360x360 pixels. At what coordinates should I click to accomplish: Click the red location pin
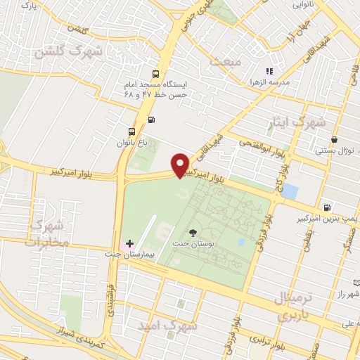(180, 165)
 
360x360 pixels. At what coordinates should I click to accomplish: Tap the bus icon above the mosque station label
(155, 73)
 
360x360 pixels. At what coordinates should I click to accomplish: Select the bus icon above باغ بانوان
(131, 131)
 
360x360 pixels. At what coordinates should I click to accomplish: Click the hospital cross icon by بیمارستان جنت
(129, 243)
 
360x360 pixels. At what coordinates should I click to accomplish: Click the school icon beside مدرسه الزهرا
(268, 70)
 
